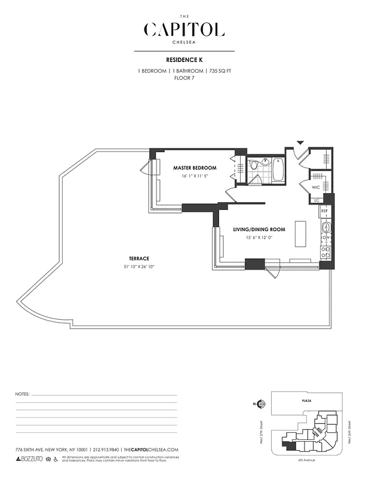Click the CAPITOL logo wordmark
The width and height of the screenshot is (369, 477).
tap(184, 30)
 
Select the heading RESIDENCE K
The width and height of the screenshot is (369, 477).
tap(184, 60)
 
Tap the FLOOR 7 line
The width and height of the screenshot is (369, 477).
tap(184, 78)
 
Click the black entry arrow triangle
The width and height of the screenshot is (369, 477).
tap(300, 143)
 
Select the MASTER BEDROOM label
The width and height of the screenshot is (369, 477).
tap(195, 168)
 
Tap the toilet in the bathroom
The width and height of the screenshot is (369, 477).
tap(254, 165)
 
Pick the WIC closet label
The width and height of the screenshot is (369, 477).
tap(316, 187)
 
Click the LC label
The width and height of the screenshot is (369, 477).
tap(317, 200)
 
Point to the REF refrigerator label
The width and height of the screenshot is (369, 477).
tap(325, 211)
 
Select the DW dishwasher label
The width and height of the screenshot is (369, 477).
tap(326, 238)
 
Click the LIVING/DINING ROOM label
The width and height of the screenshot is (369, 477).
tap(259, 230)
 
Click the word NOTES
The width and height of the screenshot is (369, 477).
tap(22, 395)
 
